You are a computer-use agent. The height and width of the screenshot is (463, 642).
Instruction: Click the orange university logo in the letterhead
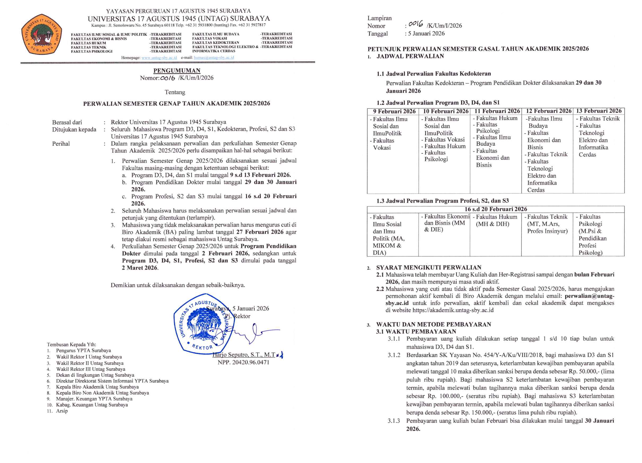click(x=41, y=34)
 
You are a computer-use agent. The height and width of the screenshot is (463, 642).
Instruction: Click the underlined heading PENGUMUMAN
click(x=177, y=71)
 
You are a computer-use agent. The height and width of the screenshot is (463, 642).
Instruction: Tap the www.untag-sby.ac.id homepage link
click(x=159, y=58)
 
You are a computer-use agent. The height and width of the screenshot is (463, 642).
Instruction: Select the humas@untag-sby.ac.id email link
click(x=214, y=58)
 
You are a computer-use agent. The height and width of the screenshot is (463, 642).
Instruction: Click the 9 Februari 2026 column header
click(x=394, y=111)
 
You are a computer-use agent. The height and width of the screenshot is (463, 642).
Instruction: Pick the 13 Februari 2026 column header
click(x=598, y=111)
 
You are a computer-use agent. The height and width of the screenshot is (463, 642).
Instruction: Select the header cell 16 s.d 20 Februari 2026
click(x=496, y=209)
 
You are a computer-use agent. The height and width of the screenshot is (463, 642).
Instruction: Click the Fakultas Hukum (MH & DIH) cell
click(x=496, y=221)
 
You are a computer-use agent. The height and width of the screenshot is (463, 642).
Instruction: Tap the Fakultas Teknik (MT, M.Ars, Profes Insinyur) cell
click(x=547, y=224)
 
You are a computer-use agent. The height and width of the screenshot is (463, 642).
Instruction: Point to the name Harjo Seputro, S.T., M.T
click(x=244, y=355)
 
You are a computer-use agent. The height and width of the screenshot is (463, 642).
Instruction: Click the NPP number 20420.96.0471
click(x=243, y=362)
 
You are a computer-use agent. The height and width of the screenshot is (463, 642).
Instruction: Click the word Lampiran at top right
click(x=379, y=18)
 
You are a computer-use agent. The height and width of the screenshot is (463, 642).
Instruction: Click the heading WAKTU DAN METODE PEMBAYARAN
click(x=434, y=324)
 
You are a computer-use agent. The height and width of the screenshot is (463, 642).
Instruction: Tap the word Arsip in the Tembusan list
click(x=62, y=411)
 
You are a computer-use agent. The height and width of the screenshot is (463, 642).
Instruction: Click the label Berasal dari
click(x=67, y=122)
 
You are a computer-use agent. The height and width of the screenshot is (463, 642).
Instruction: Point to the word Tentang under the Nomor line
click(x=175, y=92)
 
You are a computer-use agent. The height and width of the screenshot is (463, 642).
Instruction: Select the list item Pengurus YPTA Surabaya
click(x=83, y=350)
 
